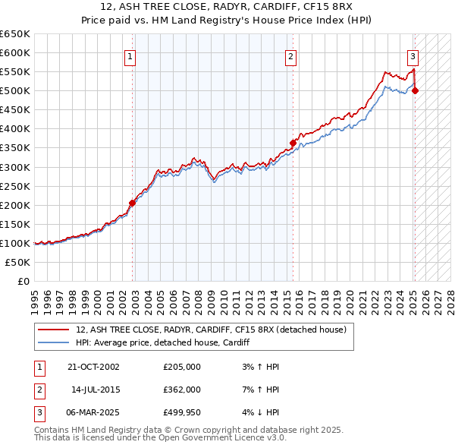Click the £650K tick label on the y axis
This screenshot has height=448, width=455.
14,34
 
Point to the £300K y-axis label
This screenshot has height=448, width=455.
14,167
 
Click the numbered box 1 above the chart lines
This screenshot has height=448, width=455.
130,55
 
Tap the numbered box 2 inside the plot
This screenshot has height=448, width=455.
290,55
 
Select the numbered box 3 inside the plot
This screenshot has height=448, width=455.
413,55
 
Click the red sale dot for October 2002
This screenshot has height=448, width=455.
132,203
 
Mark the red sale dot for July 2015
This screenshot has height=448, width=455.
293,143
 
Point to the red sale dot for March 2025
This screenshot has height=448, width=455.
416,91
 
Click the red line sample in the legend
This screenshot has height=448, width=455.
53,330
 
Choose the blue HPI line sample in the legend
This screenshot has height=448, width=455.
53,343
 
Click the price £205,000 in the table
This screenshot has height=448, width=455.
182,366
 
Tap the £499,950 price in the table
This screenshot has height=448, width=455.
182,413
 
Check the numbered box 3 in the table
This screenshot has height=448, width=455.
39,413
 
